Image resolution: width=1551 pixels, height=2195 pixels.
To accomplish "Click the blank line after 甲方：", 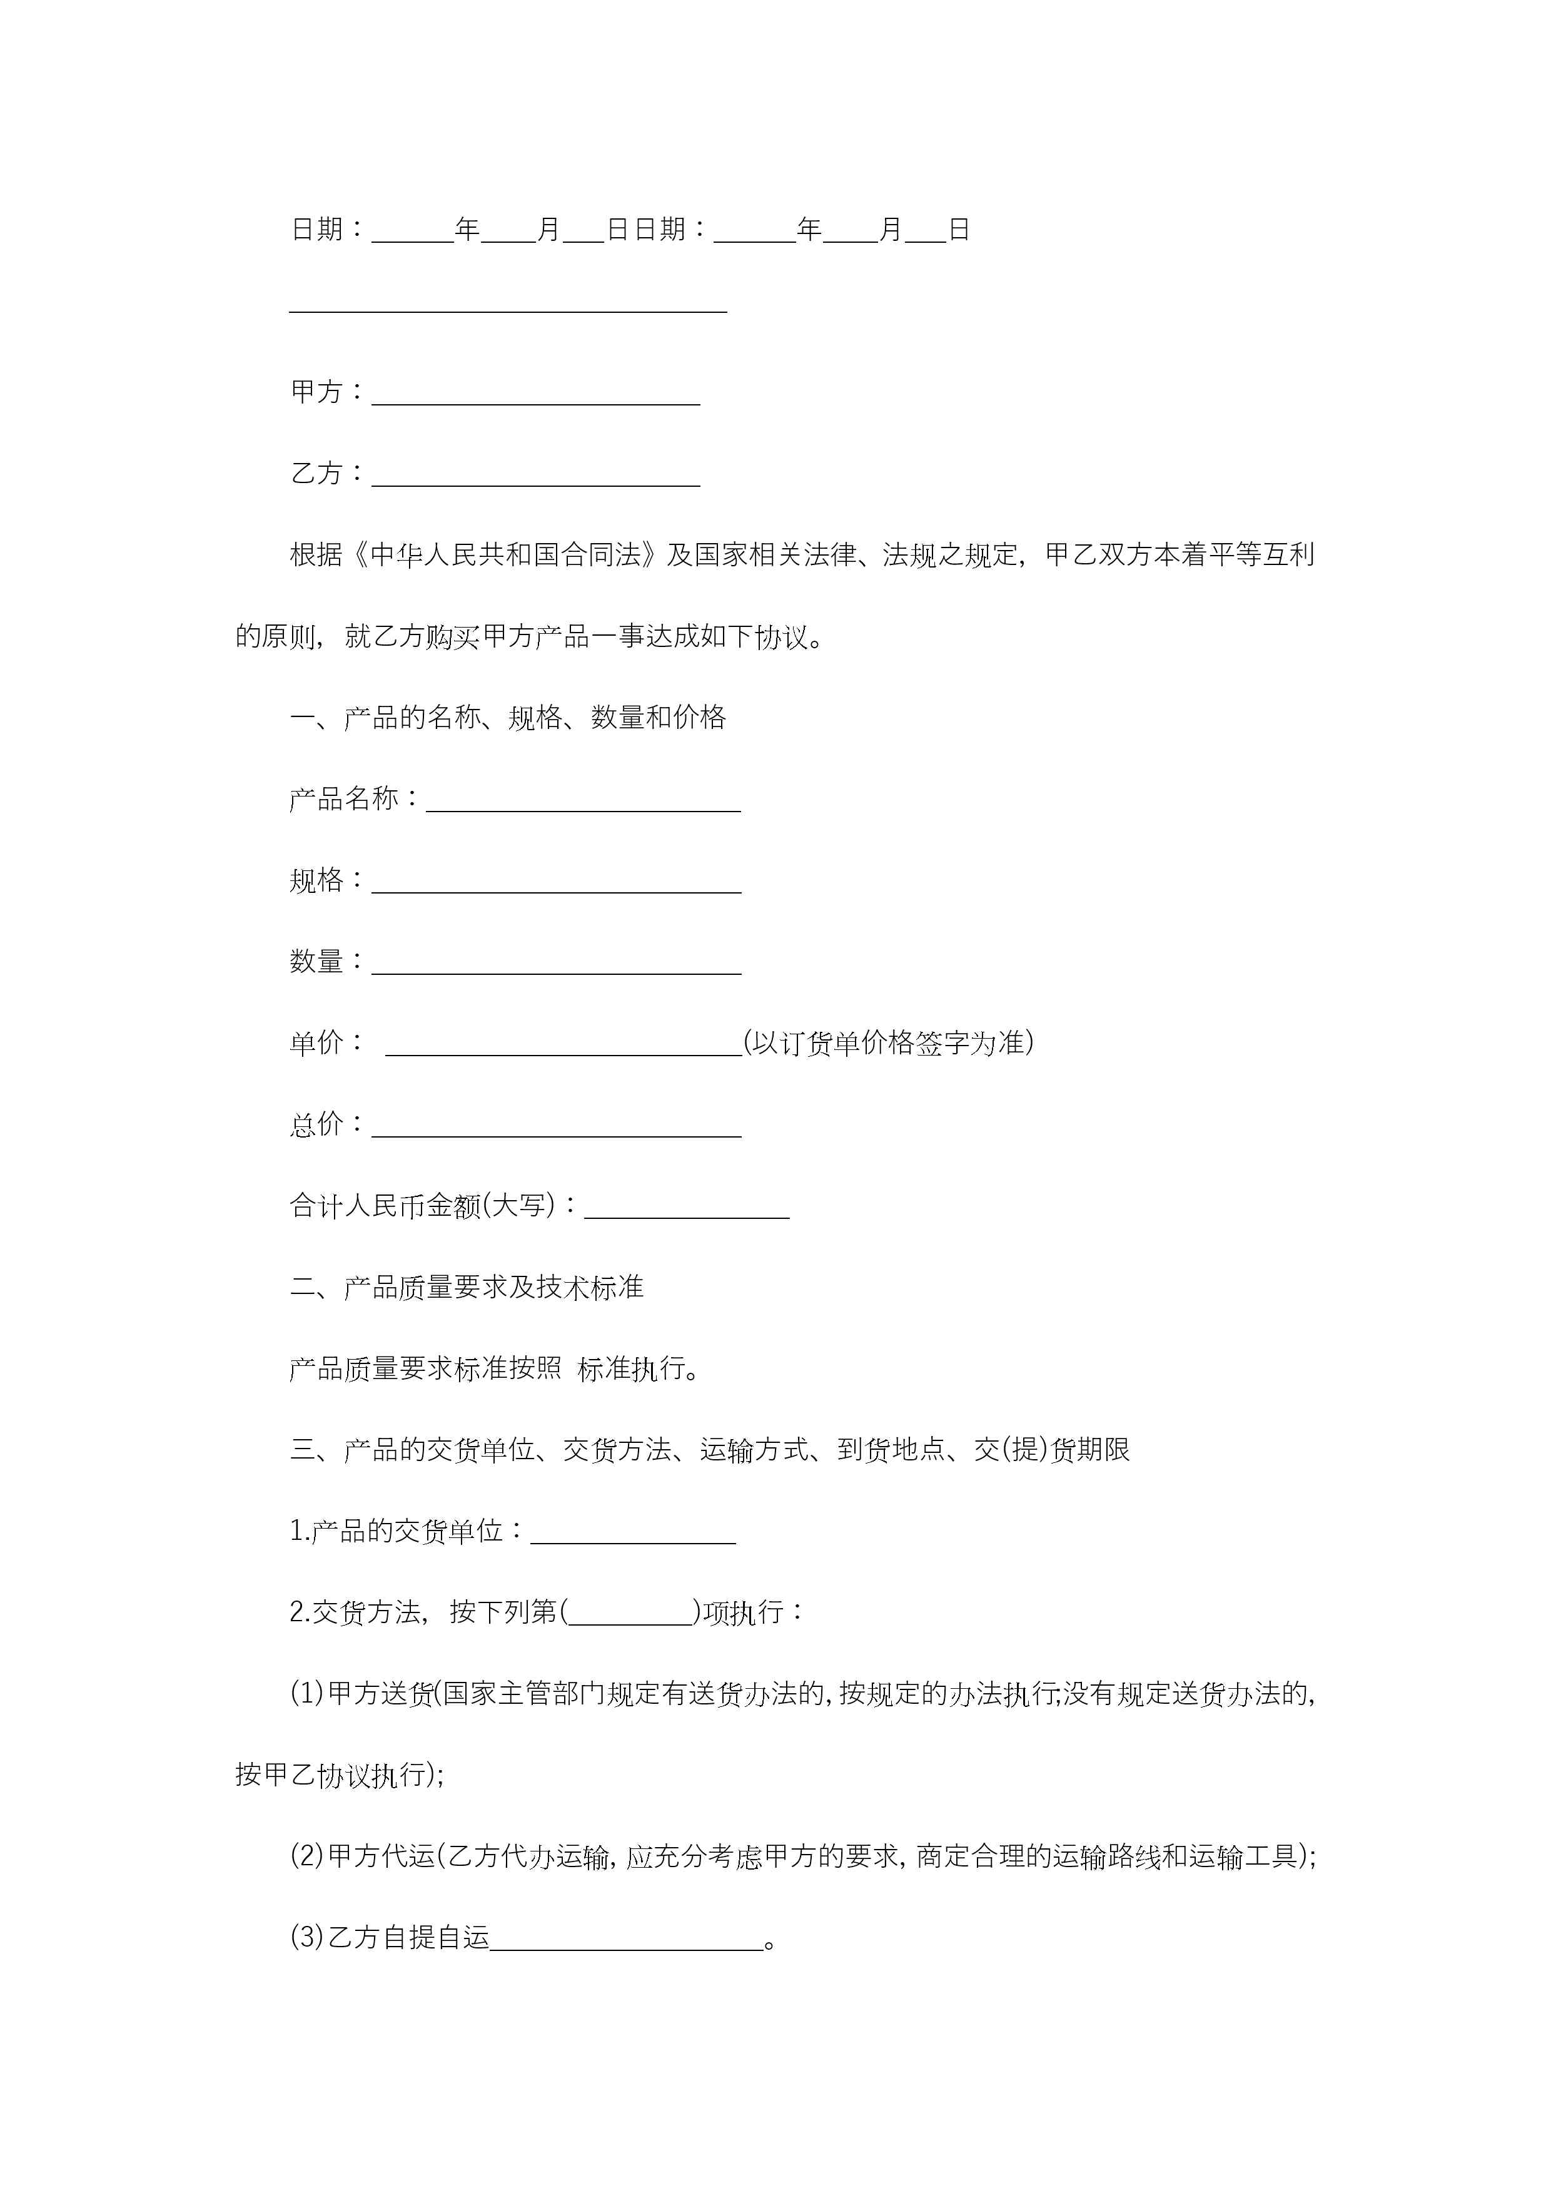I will (535, 397).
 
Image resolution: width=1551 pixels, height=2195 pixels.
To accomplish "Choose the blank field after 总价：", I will (556, 1129).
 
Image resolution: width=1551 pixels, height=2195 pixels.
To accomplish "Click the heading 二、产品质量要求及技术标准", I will (467, 1288).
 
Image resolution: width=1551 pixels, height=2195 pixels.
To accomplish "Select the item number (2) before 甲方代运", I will (306, 1856).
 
